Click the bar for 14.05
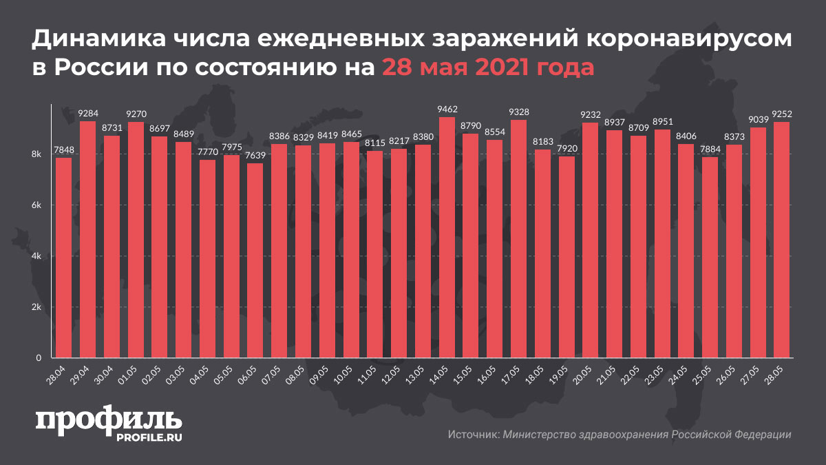tap(447, 238)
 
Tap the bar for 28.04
tap(63, 258)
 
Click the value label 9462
tap(447, 109)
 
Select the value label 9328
tap(519, 112)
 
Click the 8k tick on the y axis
tap(39, 155)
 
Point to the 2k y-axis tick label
tap(39, 307)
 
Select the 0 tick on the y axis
tap(42, 358)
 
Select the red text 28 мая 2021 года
tap(488, 68)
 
